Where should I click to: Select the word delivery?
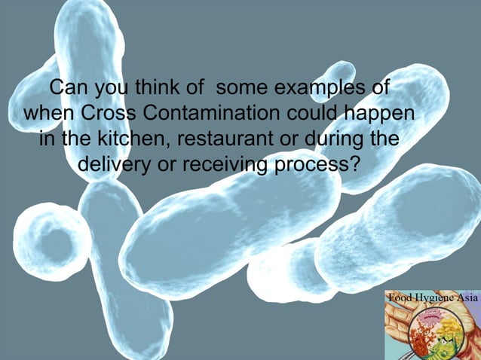[x=113, y=164]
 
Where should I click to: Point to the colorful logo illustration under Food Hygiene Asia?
[x=431, y=331]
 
